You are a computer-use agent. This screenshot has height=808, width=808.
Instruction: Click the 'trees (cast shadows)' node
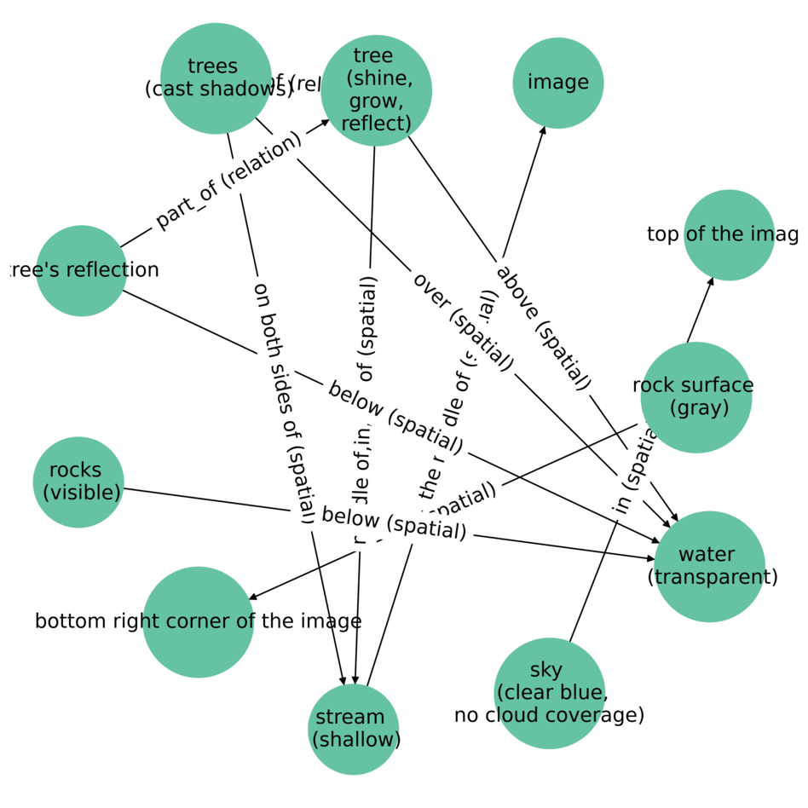[x=216, y=78]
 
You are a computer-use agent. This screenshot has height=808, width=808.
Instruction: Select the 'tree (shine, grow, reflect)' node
[x=376, y=90]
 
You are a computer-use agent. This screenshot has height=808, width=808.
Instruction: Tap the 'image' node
[x=557, y=83]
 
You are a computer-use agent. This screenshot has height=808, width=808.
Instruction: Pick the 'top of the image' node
[x=729, y=234]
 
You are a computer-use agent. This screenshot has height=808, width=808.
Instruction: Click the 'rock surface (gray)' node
[x=695, y=396]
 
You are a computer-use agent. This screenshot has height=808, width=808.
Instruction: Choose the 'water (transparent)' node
[x=708, y=566]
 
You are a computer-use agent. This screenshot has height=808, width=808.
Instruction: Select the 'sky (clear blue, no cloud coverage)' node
[x=549, y=692]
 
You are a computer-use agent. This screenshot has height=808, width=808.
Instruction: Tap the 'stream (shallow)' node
[x=353, y=729]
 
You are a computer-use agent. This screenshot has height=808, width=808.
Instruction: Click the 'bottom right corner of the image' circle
[x=198, y=621]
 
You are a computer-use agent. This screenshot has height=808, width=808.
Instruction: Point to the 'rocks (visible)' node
[x=78, y=482]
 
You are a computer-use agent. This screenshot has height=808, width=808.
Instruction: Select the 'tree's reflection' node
[x=81, y=270]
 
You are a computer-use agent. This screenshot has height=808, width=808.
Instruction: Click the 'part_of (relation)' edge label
[x=228, y=180]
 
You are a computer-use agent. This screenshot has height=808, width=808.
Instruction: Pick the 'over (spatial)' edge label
[x=463, y=320]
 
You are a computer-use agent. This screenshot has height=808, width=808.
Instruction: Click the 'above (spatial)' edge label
[x=543, y=326]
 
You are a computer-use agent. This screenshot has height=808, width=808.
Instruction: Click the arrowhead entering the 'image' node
[x=543, y=129]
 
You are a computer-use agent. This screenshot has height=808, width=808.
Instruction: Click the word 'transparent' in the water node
[x=713, y=577]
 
